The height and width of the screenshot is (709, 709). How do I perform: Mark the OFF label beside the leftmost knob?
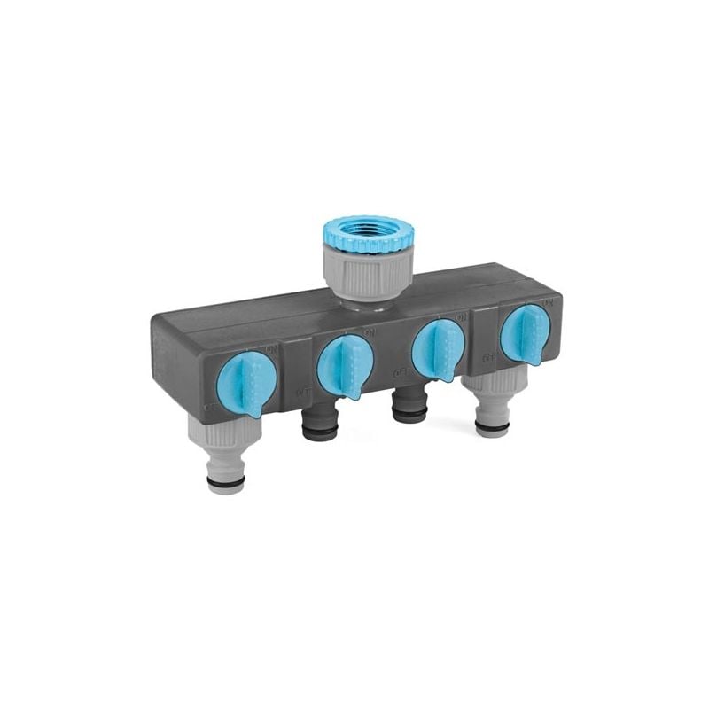pos(210,407)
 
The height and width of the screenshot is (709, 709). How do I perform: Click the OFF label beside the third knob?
pos(398,372)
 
